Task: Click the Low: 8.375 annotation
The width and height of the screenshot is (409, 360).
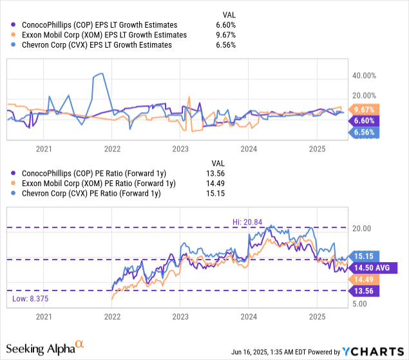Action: click(28, 298)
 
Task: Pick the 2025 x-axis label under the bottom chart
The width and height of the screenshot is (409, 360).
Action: click(318, 317)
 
